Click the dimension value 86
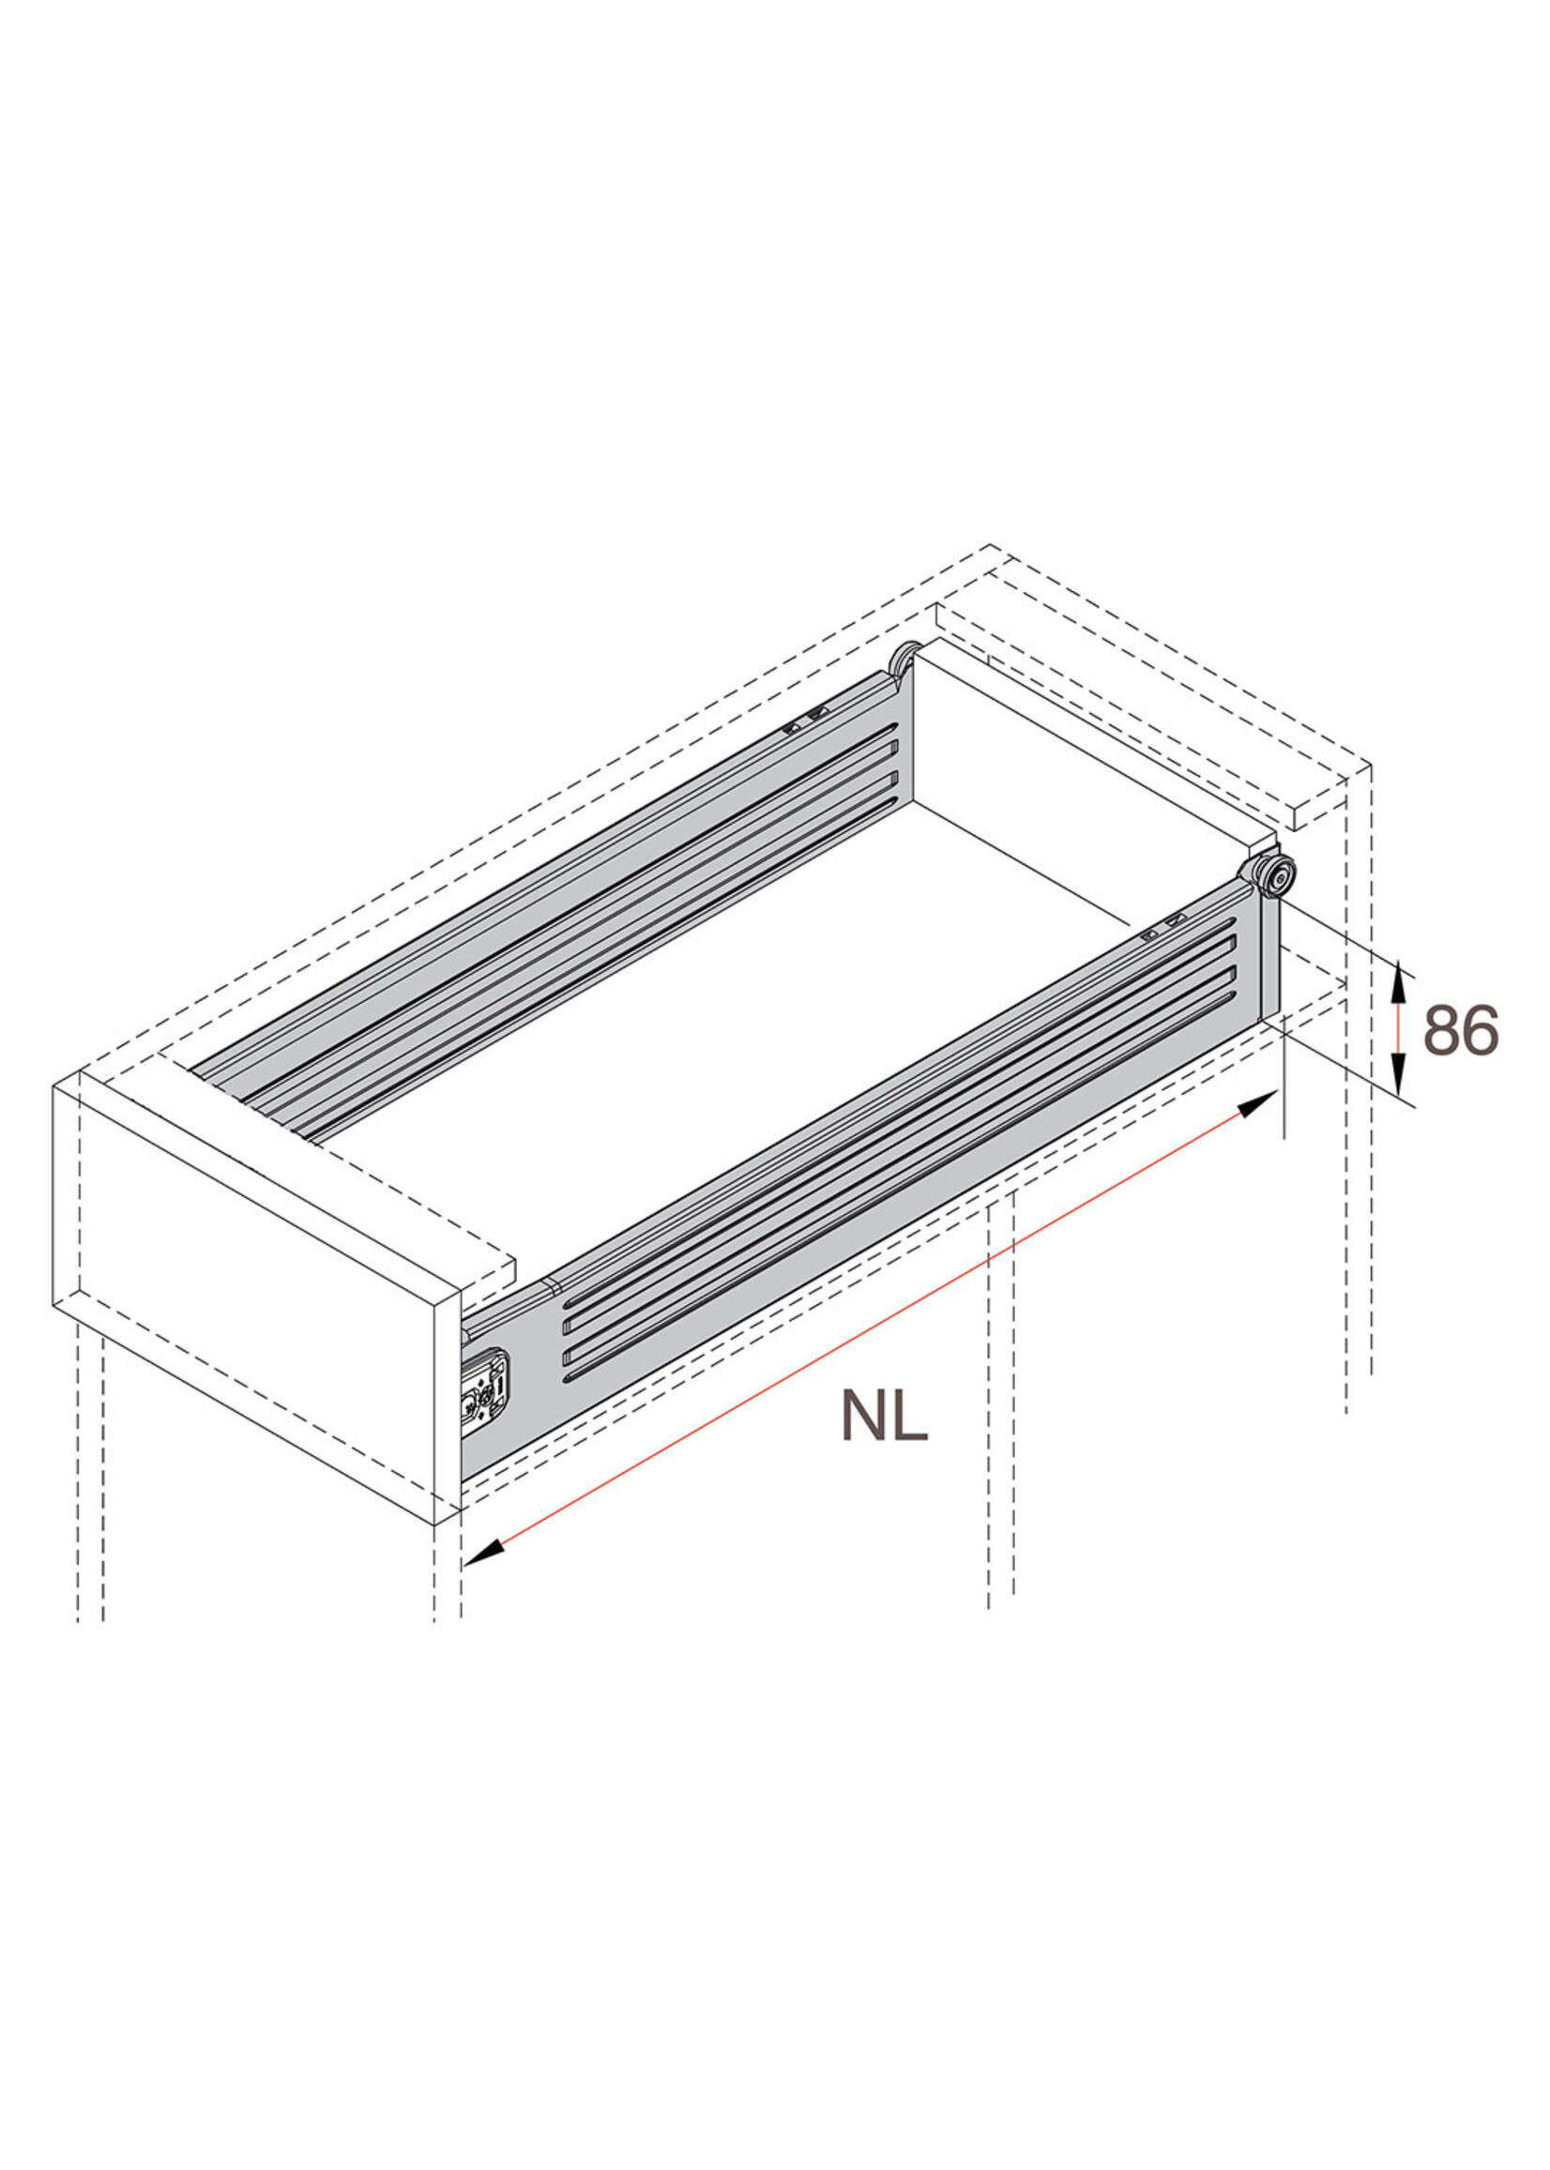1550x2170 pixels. click(x=1460, y=1030)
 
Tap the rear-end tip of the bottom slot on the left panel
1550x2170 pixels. click(x=893, y=803)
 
